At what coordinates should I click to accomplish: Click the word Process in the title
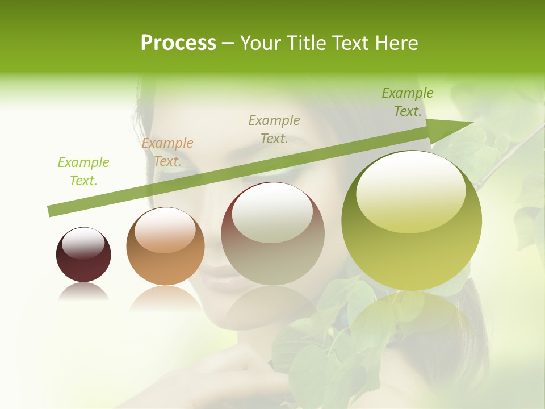tap(178, 43)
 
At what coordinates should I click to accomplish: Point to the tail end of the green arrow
tap(51, 211)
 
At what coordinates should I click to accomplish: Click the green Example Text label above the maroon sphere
tap(83, 172)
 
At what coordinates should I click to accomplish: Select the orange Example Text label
tap(167, 152)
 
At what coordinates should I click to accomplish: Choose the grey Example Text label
tap(274, 129)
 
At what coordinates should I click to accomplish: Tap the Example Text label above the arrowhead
tap(408, 102)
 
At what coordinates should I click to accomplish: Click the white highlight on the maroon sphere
tap(83, 243)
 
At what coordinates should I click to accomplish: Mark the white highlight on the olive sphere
tap(410, 190)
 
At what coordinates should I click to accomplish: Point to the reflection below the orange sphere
tap(165, 298)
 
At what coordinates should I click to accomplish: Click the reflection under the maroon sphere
tap(83, 292)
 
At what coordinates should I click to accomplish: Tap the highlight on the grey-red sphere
tap(272, 213)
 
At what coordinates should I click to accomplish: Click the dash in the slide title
tap(228, 43)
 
